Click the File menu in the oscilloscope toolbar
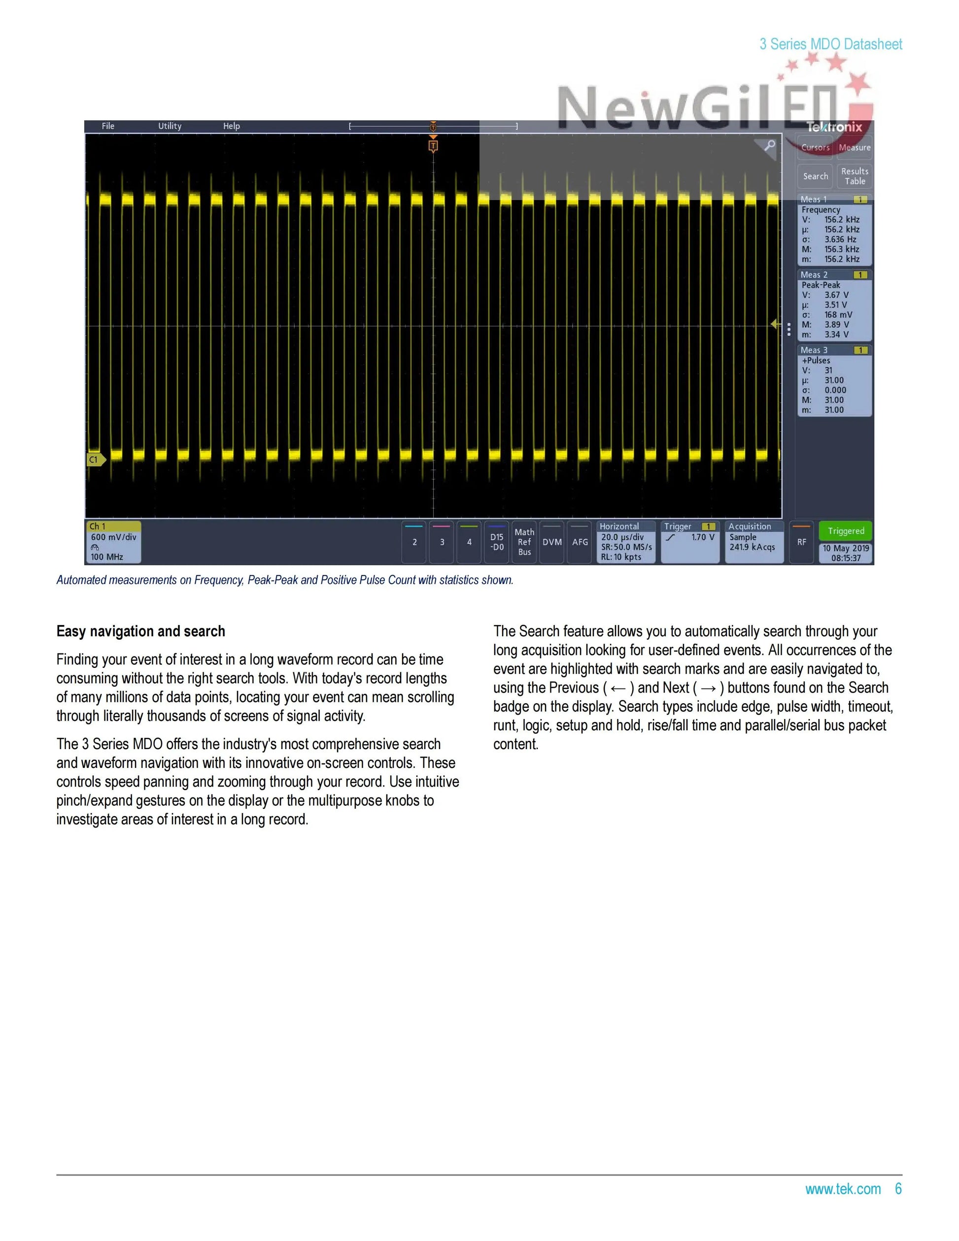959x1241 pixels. tap(108, 126)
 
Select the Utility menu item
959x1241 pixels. tap(170, 126)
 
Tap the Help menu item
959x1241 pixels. tap(231, 126)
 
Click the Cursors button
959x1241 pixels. tap(815, 148)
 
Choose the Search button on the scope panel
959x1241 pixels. tap(815, 176)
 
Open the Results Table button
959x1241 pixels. tap(855, 176)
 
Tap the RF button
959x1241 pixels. tap(802, 542)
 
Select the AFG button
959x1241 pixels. tap(580, 542)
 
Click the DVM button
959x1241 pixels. tap(551, 542)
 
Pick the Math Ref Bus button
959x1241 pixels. tap(524, 542)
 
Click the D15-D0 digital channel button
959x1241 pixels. tap(497, 542)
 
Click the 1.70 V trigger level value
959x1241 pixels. tap(703, 537)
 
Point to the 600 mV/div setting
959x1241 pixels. tap(114, 537)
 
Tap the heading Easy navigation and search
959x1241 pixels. tap(141, 631)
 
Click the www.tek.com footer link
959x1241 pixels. tap(843, 1189)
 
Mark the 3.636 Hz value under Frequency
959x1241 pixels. tap(840, 239)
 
